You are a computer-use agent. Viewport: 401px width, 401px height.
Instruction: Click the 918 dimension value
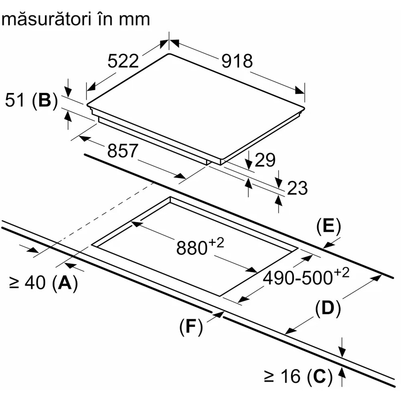(237, 61)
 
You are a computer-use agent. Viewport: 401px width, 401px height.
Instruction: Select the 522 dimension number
(123, 61)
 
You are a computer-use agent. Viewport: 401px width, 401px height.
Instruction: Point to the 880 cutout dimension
(191, 248)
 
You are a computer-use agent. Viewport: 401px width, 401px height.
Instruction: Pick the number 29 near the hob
(265, 160)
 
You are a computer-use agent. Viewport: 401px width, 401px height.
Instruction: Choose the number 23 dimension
(297, 188)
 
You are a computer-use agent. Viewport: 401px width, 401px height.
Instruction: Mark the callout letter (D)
(328, 308)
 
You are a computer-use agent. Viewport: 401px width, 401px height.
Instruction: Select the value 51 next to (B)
(16, 101)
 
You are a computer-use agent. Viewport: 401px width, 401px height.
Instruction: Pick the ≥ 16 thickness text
(282, 377)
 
